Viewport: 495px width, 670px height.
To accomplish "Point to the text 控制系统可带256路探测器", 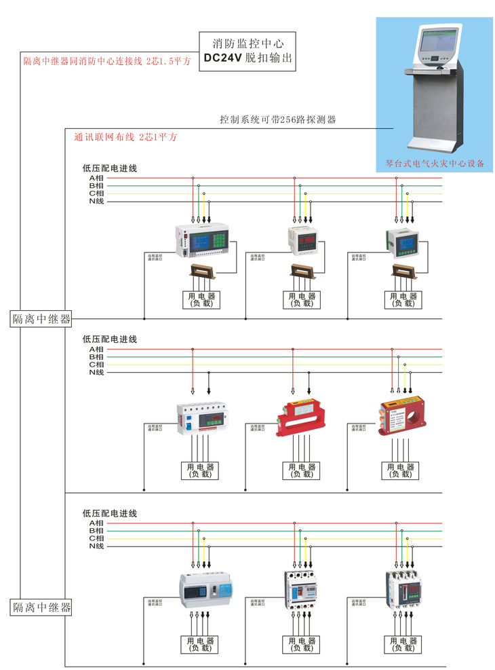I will point(277,119).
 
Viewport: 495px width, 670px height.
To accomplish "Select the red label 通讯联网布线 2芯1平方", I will point(125,137).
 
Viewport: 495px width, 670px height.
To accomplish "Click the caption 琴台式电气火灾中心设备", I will point(435,164).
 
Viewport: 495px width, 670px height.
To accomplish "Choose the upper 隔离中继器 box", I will point(41,318).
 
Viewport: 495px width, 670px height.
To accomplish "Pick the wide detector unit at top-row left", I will point(203,241).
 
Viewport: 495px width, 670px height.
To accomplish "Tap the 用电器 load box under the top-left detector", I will point(199,299).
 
